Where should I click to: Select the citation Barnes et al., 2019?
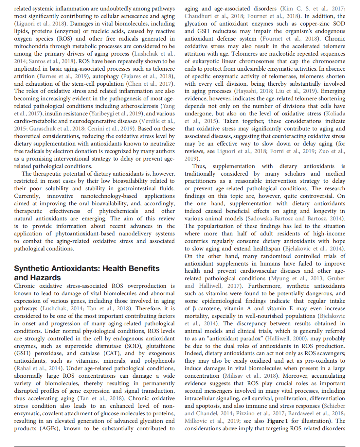point(63,76)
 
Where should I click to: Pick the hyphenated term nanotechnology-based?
point(109,196)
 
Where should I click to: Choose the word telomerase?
point(267,76)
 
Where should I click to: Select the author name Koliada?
point(335,113)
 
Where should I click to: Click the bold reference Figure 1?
point(278,421)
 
